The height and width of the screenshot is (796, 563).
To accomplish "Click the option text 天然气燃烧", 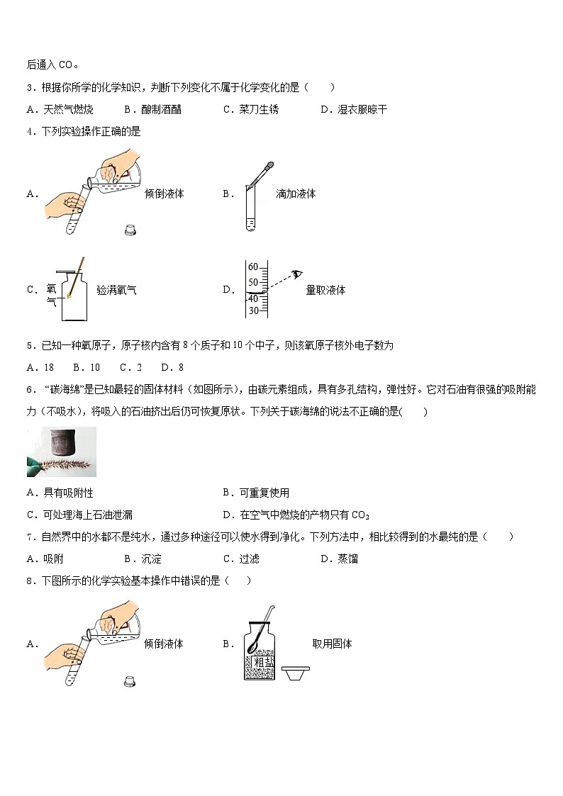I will [68, 109].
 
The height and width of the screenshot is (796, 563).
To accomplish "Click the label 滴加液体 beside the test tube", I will [296, 194].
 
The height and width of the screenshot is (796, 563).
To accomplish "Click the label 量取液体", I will [325, 289].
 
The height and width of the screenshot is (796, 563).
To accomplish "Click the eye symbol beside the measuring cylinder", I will [296, 274].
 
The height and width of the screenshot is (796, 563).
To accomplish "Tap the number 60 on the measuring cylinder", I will [252, 267].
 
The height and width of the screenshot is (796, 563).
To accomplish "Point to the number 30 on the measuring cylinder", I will [252, 310].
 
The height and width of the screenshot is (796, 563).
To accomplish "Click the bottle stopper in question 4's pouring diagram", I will [130, 230].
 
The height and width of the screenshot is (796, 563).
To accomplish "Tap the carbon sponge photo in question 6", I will [61, 452].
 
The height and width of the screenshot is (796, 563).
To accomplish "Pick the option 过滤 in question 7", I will [249, 559].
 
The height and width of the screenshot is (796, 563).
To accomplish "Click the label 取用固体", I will [332, 644].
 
